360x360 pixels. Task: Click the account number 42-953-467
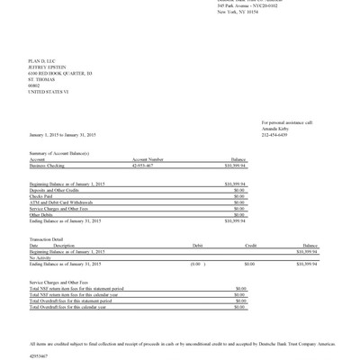(142, 166)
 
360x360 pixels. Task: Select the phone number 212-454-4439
(275, 135)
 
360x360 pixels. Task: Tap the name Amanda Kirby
(275, 129)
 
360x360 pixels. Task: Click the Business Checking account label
(48, 166)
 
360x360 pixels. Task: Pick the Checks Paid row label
(41, 196)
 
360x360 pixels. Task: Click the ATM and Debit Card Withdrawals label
(62, 202)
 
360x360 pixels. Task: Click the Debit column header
(198, 245)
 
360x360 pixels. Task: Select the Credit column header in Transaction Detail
(251, 245)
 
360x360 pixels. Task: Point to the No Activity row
(40, 257)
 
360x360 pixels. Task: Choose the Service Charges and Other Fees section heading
(60, 282)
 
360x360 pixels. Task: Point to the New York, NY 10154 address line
(238, 12)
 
